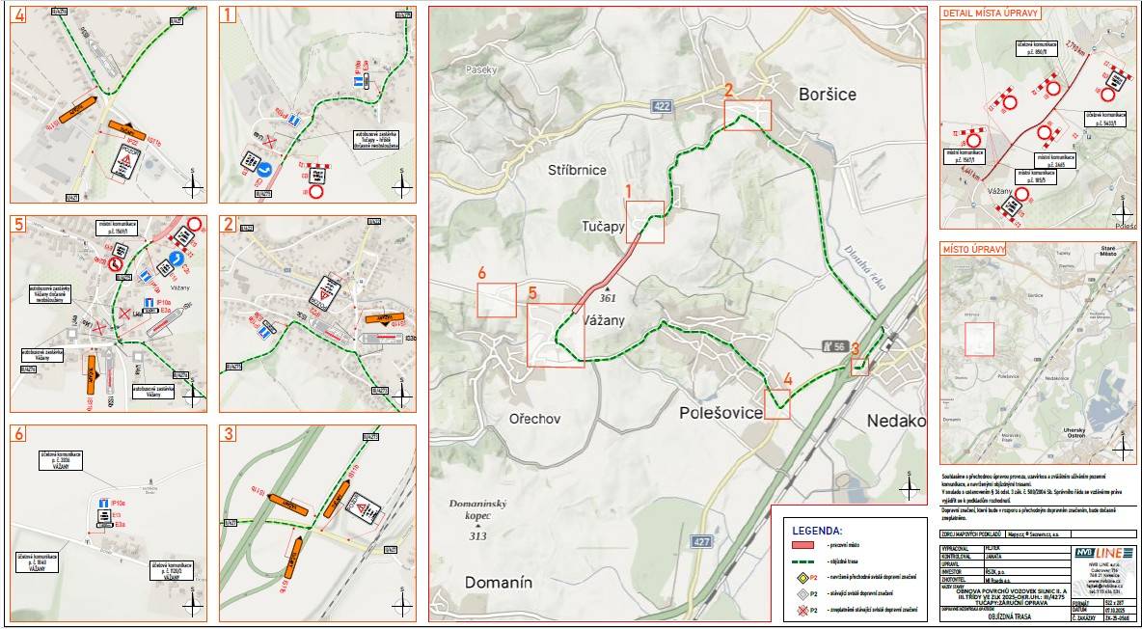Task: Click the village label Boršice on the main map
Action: click(x=827, y=94)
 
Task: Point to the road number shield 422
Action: click(x=661, y=105)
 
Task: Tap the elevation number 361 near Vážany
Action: click(x=608, y=298)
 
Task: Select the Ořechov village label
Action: click(x=535, y=419)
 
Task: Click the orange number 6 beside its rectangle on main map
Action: click(x=481, y=273)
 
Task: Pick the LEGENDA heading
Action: click(x=817, y=530)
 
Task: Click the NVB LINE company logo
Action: click(x=1101, y=552)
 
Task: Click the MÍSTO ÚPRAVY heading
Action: click(x=974, y=249)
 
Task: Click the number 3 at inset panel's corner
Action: click(x=228, y=434)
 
